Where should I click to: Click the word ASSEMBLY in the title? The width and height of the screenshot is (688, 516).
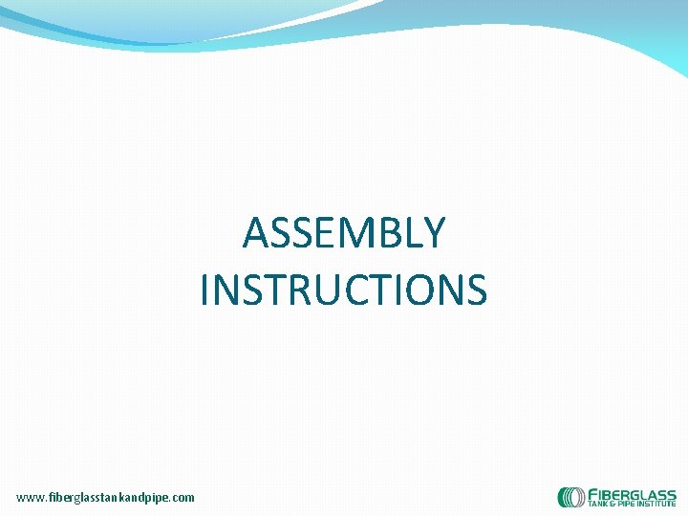pos(343,233)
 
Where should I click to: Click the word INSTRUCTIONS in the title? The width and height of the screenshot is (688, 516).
pos(343,290)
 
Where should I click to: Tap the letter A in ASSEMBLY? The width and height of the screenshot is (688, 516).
pos(256,233)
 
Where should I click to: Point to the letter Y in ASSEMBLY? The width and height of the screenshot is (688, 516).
pos(433,233)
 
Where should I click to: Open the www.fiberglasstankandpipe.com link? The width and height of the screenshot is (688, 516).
pos(105,497)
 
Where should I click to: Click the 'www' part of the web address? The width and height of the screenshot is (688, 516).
pos(29,497)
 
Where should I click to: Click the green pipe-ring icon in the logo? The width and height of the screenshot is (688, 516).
pos(571,497)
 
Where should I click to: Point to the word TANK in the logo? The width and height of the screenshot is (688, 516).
pos(597,504)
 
